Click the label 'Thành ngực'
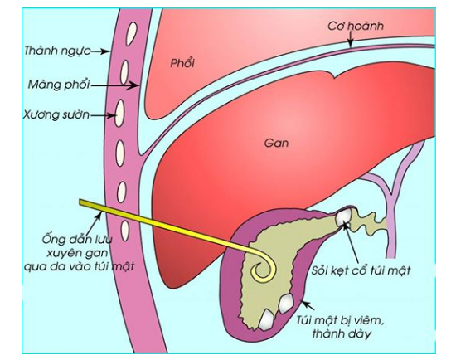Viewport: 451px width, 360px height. [57, 51]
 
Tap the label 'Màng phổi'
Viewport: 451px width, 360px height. [59, 85]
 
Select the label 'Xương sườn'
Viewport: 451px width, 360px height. [56, 114]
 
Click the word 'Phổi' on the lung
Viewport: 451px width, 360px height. [182, 63]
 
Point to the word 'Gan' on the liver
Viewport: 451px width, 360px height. [276, 143]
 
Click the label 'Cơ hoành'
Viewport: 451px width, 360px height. [356, 26]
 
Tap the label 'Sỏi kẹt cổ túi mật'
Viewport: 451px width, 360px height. [361, 270]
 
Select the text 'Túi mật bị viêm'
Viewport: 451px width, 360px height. [340, 320]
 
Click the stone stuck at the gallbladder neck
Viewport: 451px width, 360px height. [344, 216]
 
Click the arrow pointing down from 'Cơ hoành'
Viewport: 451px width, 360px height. [350, 40]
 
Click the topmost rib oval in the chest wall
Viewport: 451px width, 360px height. [132, 33]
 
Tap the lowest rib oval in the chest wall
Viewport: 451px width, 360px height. [124, 231]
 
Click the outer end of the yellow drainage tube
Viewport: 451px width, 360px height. [80, 202]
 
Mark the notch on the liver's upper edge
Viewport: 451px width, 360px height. [333, 77]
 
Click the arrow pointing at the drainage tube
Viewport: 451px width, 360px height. [94, 224]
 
